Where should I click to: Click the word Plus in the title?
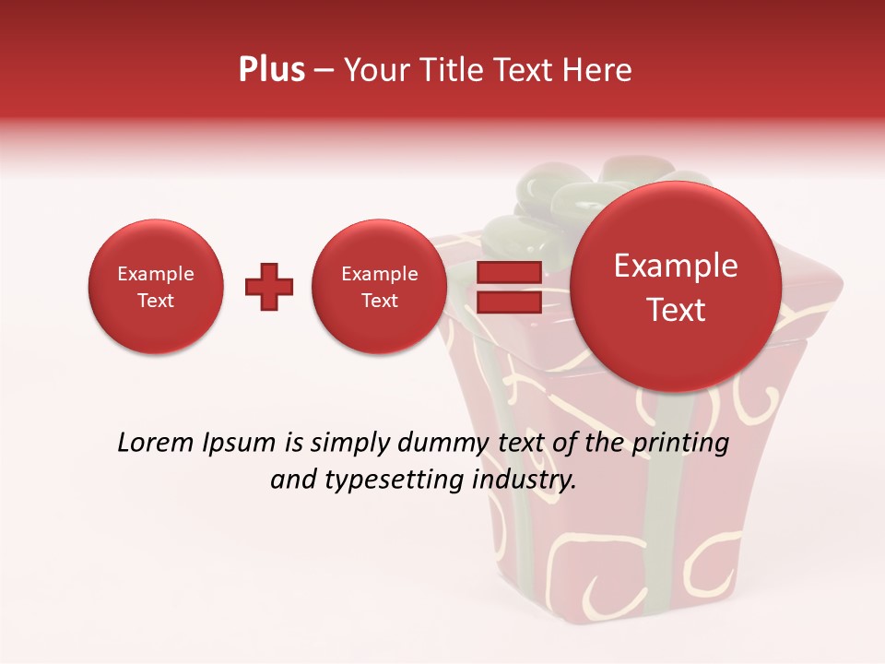271,70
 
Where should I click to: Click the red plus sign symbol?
269,287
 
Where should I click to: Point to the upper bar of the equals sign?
508,272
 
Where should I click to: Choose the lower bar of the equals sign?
508,302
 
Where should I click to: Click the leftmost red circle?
156,287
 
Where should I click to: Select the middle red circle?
379,287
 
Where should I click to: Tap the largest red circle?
676,287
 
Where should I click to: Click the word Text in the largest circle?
676,310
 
